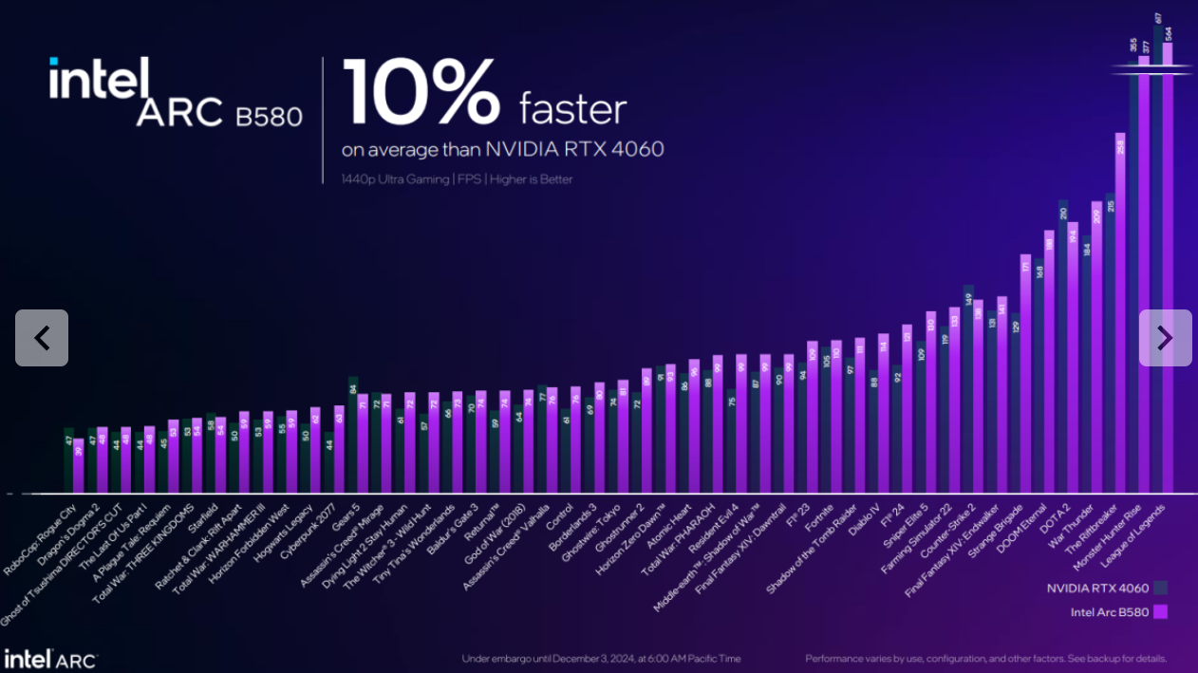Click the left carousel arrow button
(x=42, y=338)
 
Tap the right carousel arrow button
(x=1165, y=338)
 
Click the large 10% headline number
(x=421, y=91)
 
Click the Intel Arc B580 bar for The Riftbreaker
(x=1120, y=313)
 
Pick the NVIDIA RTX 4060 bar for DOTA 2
(x=1062, y=351)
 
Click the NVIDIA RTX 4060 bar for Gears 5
(x=352, y=437)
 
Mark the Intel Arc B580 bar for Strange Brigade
(x=1025, y=375)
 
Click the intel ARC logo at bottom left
(x=49, y=658)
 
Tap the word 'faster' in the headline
(x=572, y=109)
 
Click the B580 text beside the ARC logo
(x=269, y=116)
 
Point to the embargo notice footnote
(x=601, y=659)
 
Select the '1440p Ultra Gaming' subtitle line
(x=458, y=178)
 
